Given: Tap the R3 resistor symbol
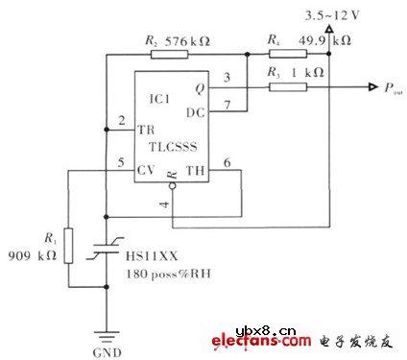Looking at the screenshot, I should tap(285, 87).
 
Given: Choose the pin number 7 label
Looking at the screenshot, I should tap(227, 104).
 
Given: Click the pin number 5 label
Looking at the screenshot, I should tap(121, 161).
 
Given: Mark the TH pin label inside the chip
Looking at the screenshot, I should tap(194, 172).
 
